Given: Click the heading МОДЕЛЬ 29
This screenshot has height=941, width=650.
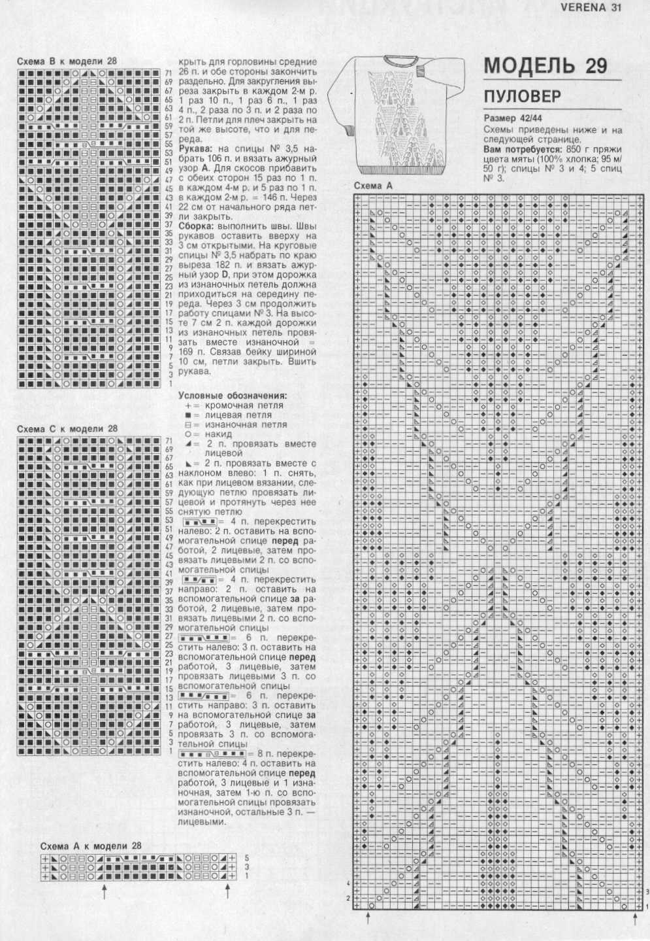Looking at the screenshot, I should pyautogui.click(x=545, y=65).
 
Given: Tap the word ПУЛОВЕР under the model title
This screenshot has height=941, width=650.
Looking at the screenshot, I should pyautogui.click(x=522, y=97).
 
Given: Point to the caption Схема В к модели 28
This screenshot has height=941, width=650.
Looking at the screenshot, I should pyautogui.click(x=67, y=61).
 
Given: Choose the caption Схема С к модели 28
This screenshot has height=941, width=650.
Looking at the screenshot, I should pyautogui.click(x=67, y=429).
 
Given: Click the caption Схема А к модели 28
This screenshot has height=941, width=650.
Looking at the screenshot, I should pyautogui.click(x=91, y=846).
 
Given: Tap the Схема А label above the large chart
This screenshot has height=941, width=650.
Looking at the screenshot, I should pyautogui.click(x=373, y=186).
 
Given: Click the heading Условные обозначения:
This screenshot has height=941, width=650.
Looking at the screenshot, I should pyautogui.click(x=233, y=396).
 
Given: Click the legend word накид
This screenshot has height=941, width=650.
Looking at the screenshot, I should pyautogui.click(x=218, y=434).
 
